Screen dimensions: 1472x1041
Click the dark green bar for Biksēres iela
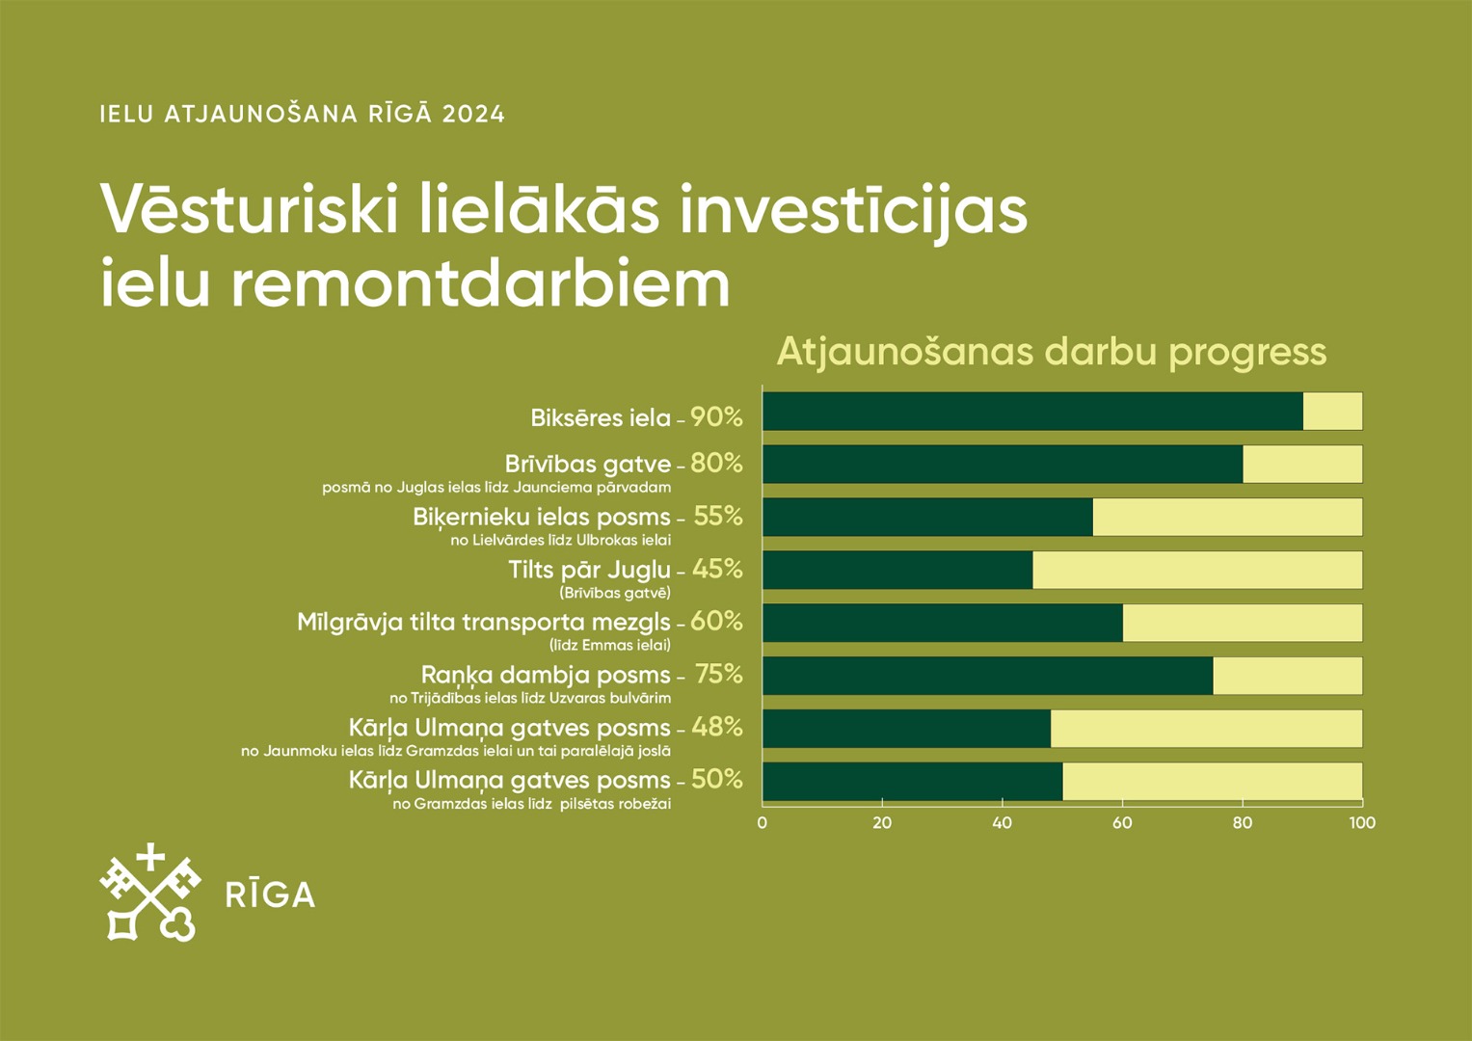(x=1032, y=412)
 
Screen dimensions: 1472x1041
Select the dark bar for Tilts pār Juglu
(x=897, y=570)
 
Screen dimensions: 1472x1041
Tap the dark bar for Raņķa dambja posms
(x=988, y=676)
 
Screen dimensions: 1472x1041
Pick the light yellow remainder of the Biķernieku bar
(x=1227, y=517)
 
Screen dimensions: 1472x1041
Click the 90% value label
(x=716, y=417)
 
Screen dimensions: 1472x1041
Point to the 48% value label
(x=717, y=727)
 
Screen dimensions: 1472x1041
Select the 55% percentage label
(x=717, y=517)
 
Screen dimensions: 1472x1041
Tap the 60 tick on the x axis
(x=1122, y=823)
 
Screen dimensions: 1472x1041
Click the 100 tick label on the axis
(x=1362, y=823)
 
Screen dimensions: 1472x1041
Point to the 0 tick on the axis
(x=763, y=823)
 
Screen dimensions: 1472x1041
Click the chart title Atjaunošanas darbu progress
(x=1052, y=353)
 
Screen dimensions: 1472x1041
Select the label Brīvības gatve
(x=587, y=464)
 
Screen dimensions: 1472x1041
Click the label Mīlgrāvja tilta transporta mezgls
(x=484, y=623)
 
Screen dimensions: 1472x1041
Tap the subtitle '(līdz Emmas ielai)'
(x=610, y=645)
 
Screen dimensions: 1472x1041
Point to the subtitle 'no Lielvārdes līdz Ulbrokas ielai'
(x=560, y=540)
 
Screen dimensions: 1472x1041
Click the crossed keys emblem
(x=150, y=892)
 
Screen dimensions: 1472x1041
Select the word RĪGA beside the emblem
(x=270, y=894)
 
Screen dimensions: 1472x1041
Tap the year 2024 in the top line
(x=473, y=115)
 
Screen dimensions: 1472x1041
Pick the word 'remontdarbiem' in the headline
(x=481, y=283)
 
